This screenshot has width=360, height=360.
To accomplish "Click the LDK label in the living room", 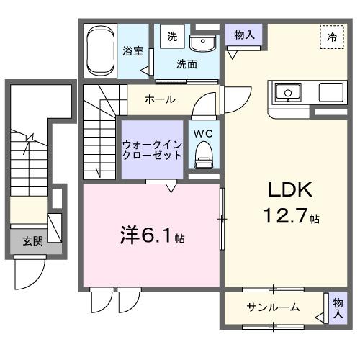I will tap(289, 190).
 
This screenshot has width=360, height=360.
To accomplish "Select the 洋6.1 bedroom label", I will tap(148, 236).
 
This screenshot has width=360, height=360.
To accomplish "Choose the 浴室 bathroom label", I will tap(132, 51).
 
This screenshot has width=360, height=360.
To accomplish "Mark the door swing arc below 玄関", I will tap(30, 275).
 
